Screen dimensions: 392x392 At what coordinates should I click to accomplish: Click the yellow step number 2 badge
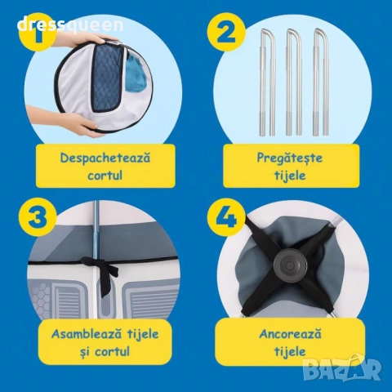[226, 33]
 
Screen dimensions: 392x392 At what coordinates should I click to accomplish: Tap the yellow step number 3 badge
[38, 219]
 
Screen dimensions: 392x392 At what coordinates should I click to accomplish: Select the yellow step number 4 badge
[226, 219]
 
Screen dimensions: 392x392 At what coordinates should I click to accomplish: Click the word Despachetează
[105, 158]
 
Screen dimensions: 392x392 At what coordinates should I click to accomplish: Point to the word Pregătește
[290, 158]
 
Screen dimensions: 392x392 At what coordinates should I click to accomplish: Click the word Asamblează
[87, 334]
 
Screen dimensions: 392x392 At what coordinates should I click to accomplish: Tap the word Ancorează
[290, 334]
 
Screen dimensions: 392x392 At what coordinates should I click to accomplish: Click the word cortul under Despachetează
[105, 175]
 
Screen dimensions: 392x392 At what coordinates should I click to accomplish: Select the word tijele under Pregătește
[290, 175]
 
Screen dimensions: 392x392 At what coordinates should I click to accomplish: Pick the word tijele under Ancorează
[290, 351]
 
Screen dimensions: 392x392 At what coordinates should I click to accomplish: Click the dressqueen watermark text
[70, 25]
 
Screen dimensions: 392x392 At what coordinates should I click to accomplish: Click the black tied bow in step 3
[103, 268]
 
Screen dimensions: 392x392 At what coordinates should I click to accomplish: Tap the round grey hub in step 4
[290, 265]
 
